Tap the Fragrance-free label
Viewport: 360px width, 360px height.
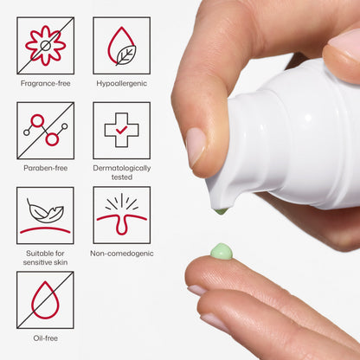pyautogui.click(x=46, y=83)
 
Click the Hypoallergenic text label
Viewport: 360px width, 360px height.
pyautogui.click(x=122, y=83)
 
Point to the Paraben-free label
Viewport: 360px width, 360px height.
pyautogui.click(x=46, y=168)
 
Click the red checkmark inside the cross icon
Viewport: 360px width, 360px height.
pyautogui.click(x=121, y=130)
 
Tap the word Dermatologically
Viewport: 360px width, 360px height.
pyautogui.click(x=122, y=168)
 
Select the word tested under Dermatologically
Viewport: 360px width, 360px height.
pyautogui.click(x=122, y=177)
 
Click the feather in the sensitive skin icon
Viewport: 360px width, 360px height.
pyautogui.click(x=45, y=211)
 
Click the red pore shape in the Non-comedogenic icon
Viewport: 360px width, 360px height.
pyautogui.click(x=122, y=223)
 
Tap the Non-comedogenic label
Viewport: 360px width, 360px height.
pyautogui.click(x=122, y=254)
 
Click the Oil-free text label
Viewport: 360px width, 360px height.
pyautogui.click(x=46, y=338)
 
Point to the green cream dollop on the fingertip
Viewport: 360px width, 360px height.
pyautogui.click(x=222, y=251)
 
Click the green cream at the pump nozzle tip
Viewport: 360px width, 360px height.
pyautogui.click(x=222, y=211)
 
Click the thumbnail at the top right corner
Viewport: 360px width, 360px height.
pyautogui.click(x=345, y=43)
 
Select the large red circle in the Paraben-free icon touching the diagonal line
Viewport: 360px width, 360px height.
pyautogui.click(x=52, y=139)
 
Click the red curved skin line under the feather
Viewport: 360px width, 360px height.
pyautogui.click(x=45, y=230)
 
